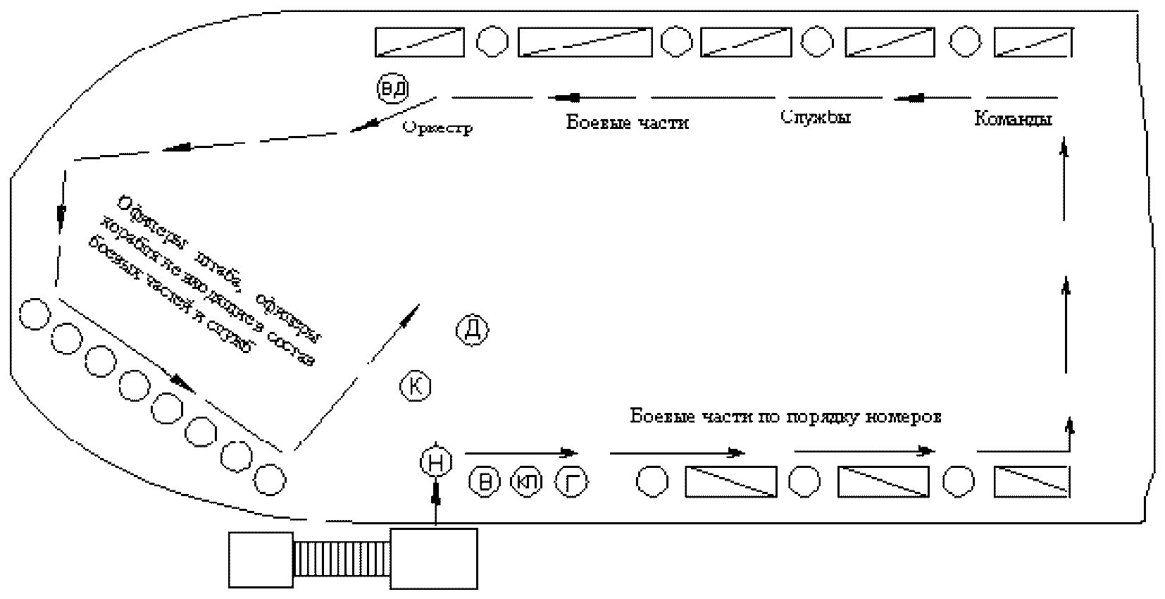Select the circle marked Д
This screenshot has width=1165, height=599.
coord(473,329)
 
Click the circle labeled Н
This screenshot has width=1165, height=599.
coord(436,462)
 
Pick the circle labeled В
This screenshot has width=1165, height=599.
coord(485,482)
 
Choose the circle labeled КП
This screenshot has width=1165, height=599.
coord(528,482)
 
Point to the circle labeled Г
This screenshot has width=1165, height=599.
coord(572,482)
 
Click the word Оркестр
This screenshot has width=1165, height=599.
coord(437,128)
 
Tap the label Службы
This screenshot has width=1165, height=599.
coord(816,117)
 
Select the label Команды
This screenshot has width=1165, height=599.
coord(1013,119)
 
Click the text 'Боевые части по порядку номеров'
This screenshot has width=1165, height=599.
coord(785,416)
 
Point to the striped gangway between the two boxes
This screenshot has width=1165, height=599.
coord(342,558)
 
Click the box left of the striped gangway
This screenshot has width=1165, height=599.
coord(261,560)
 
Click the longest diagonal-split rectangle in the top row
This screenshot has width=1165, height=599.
coord(585,42)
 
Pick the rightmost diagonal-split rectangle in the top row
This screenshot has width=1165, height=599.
coord(1033,42)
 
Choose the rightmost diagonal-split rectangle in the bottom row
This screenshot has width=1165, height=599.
coord(1032,481)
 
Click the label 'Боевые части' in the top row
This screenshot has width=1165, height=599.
coord(628,123)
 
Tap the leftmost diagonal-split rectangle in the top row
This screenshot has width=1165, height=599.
coord(419,42)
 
